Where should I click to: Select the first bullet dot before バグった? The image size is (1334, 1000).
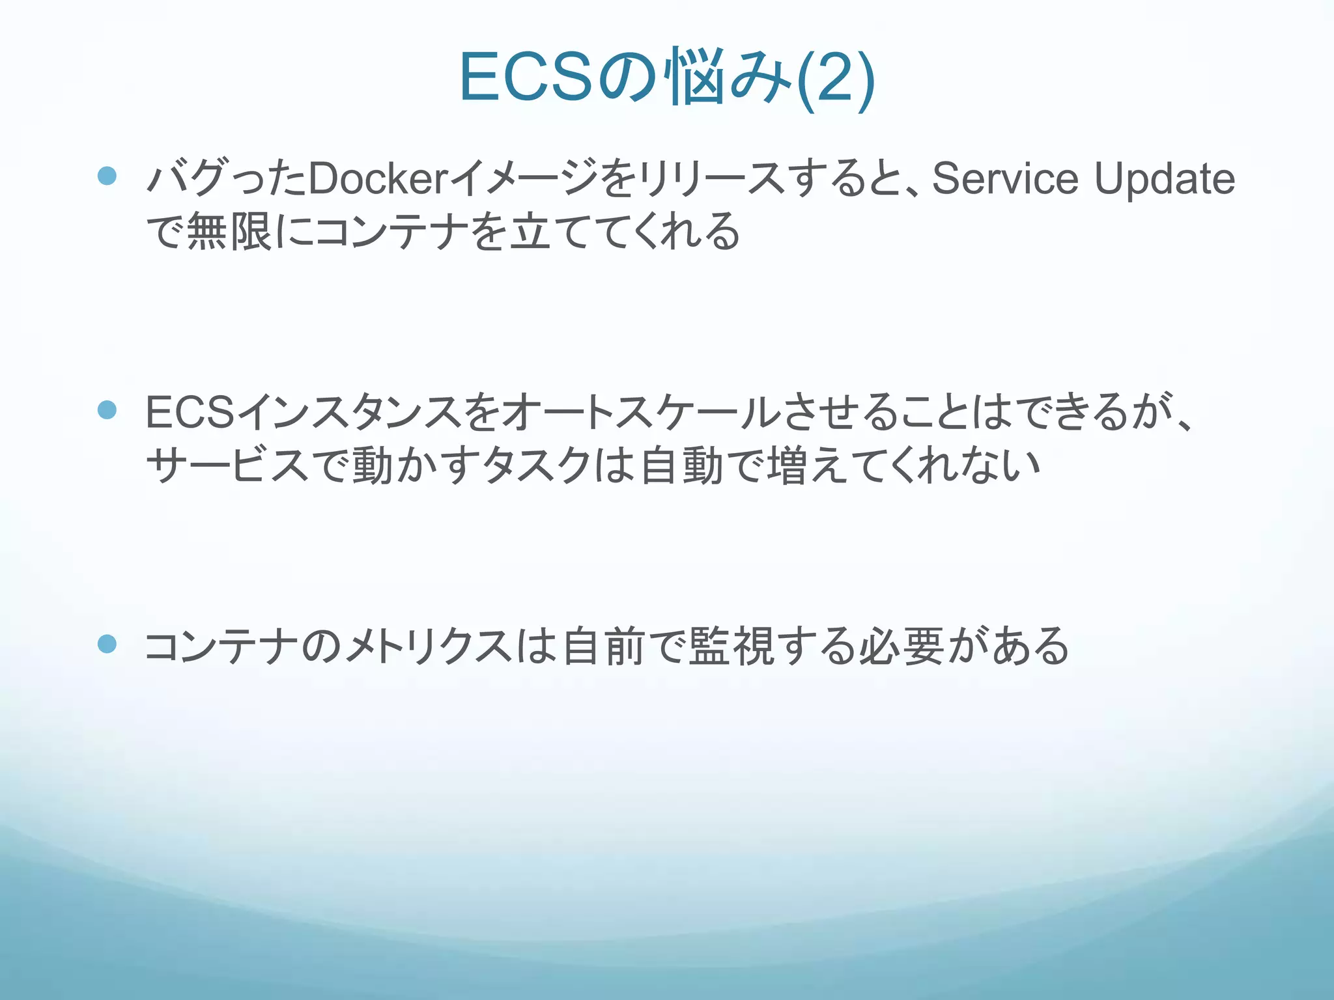(107, 176)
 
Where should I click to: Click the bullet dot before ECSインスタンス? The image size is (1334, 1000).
(107, 410)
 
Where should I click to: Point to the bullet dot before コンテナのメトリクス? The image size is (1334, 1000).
(107, 644)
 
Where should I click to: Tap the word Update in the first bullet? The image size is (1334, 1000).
(1164, 178)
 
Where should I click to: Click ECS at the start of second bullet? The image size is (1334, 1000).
(190, 412)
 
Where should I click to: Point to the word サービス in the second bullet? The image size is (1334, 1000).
(228, 465)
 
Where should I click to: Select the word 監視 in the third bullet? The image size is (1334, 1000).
(731, 646)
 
